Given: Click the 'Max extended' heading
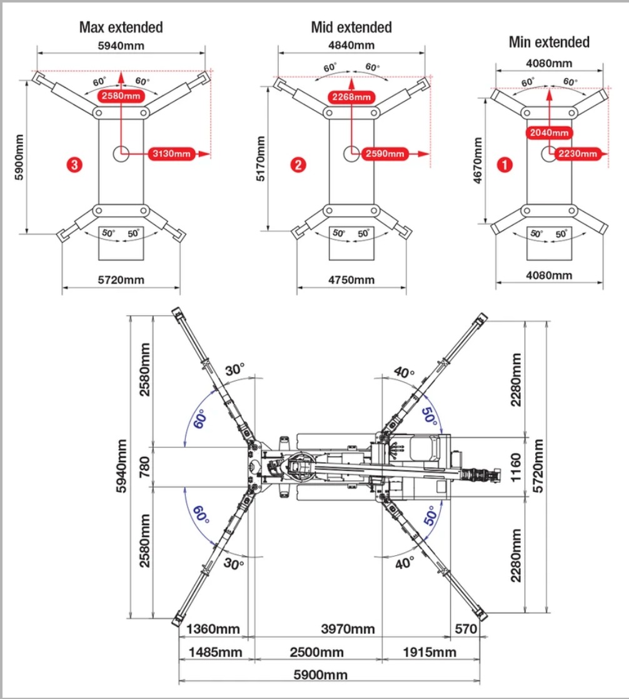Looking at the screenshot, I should (121, 28).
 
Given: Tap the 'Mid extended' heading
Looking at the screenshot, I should (351, 28).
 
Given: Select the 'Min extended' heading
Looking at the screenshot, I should (549, 43).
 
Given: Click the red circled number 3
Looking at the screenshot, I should (74, 165).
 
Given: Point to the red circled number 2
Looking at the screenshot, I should (298, 165).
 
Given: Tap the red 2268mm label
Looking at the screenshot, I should (351, 97).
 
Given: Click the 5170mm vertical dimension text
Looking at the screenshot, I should (261, 158).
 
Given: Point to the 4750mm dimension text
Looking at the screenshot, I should (352, 279).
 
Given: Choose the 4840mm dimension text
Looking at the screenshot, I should (351, 45).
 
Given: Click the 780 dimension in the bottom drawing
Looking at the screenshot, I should (144, 466).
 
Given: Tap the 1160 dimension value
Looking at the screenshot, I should (516, 466).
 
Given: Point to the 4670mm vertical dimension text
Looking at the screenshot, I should (478, 160).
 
